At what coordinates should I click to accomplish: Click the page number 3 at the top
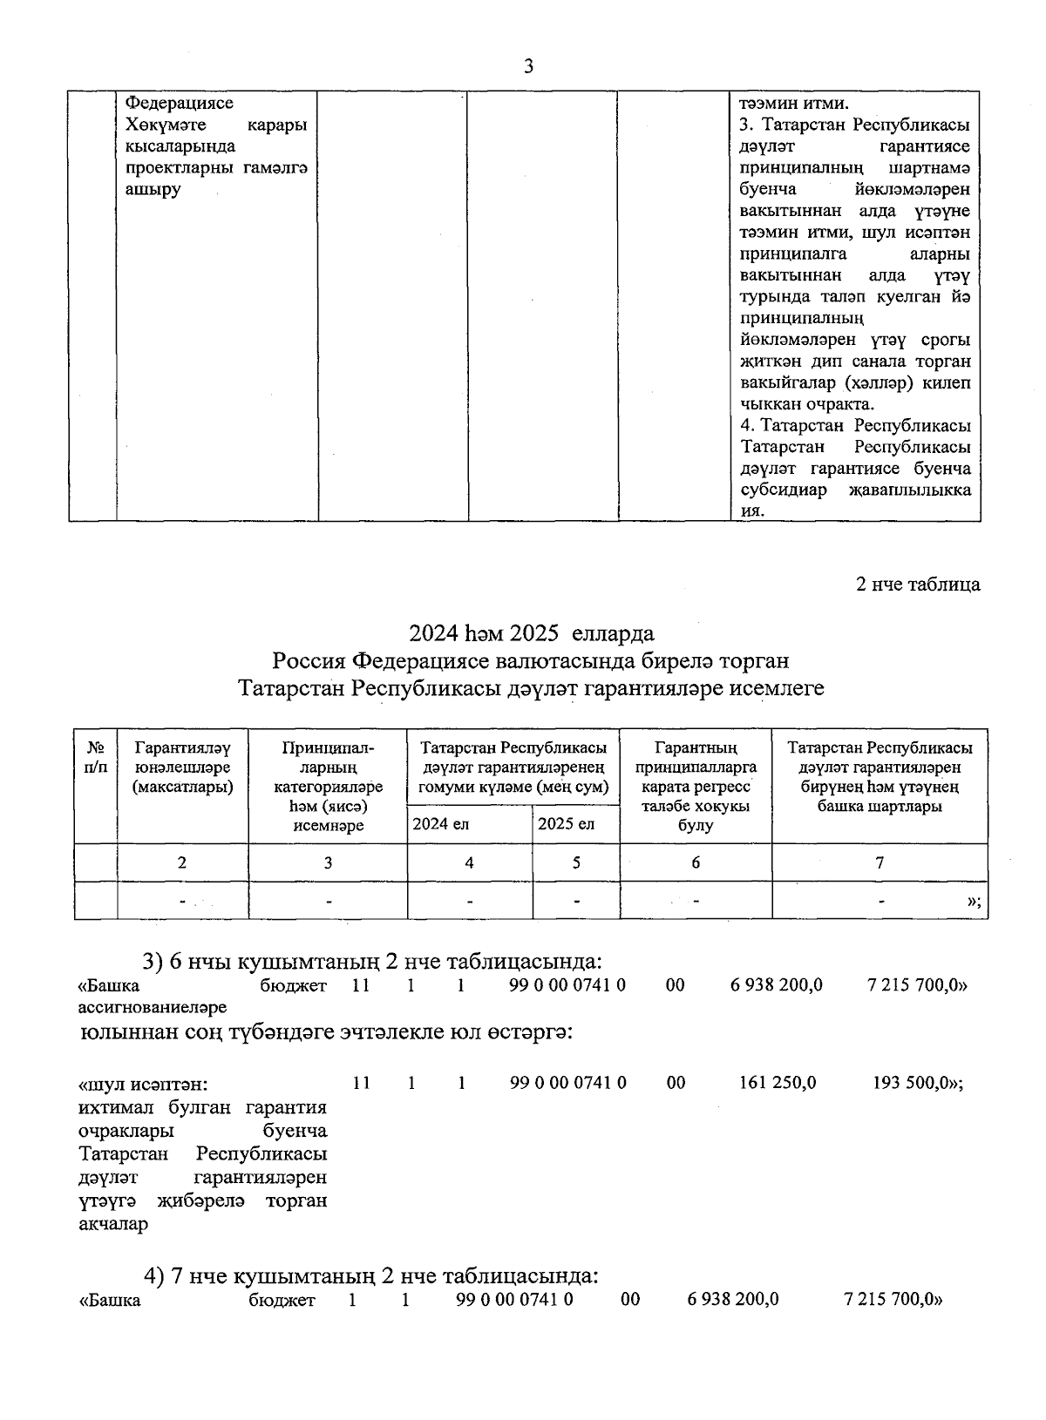pos(528,67)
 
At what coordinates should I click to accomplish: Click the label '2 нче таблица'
pos(918,585)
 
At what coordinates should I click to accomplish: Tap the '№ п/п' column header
pos(97,758)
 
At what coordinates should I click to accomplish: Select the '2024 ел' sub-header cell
pos(441,824)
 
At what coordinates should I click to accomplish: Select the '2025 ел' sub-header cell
pos(566,824)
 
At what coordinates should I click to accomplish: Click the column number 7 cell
pos(880,863)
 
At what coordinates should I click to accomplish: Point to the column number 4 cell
pos(469,863)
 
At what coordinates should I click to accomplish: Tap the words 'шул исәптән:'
pos(144,1085)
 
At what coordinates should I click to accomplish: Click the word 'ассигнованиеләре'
pos(153,1008)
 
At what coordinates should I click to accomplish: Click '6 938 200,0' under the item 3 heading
pos(776,985)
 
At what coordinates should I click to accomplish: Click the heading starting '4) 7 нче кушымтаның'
pos(370,1277)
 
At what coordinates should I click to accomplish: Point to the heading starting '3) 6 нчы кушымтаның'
pos(372,962)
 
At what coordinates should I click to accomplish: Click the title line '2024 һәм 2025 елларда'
pos(532,633)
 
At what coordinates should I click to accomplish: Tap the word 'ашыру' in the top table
pos(153,190)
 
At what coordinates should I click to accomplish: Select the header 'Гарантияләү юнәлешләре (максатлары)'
pos(183,767)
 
